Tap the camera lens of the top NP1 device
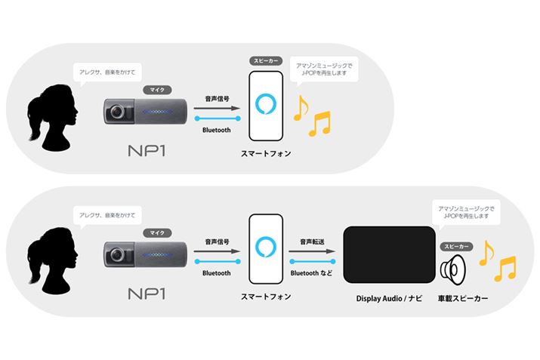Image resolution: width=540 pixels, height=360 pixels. (x=117, y=112)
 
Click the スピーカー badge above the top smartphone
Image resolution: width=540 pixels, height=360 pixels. (x=266, y=60)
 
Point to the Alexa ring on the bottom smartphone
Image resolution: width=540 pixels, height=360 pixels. (x=266, y=248)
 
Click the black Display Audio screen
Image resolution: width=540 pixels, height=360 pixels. (x=388, y=254)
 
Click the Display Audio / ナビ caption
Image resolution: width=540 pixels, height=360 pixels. (x=388, y=300)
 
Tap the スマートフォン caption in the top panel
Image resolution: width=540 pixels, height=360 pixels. (x=267, y=153)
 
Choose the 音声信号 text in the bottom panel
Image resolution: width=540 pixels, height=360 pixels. (x=217, y=242)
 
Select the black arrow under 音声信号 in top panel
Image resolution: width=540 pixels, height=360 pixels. (x=217, y=108)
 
